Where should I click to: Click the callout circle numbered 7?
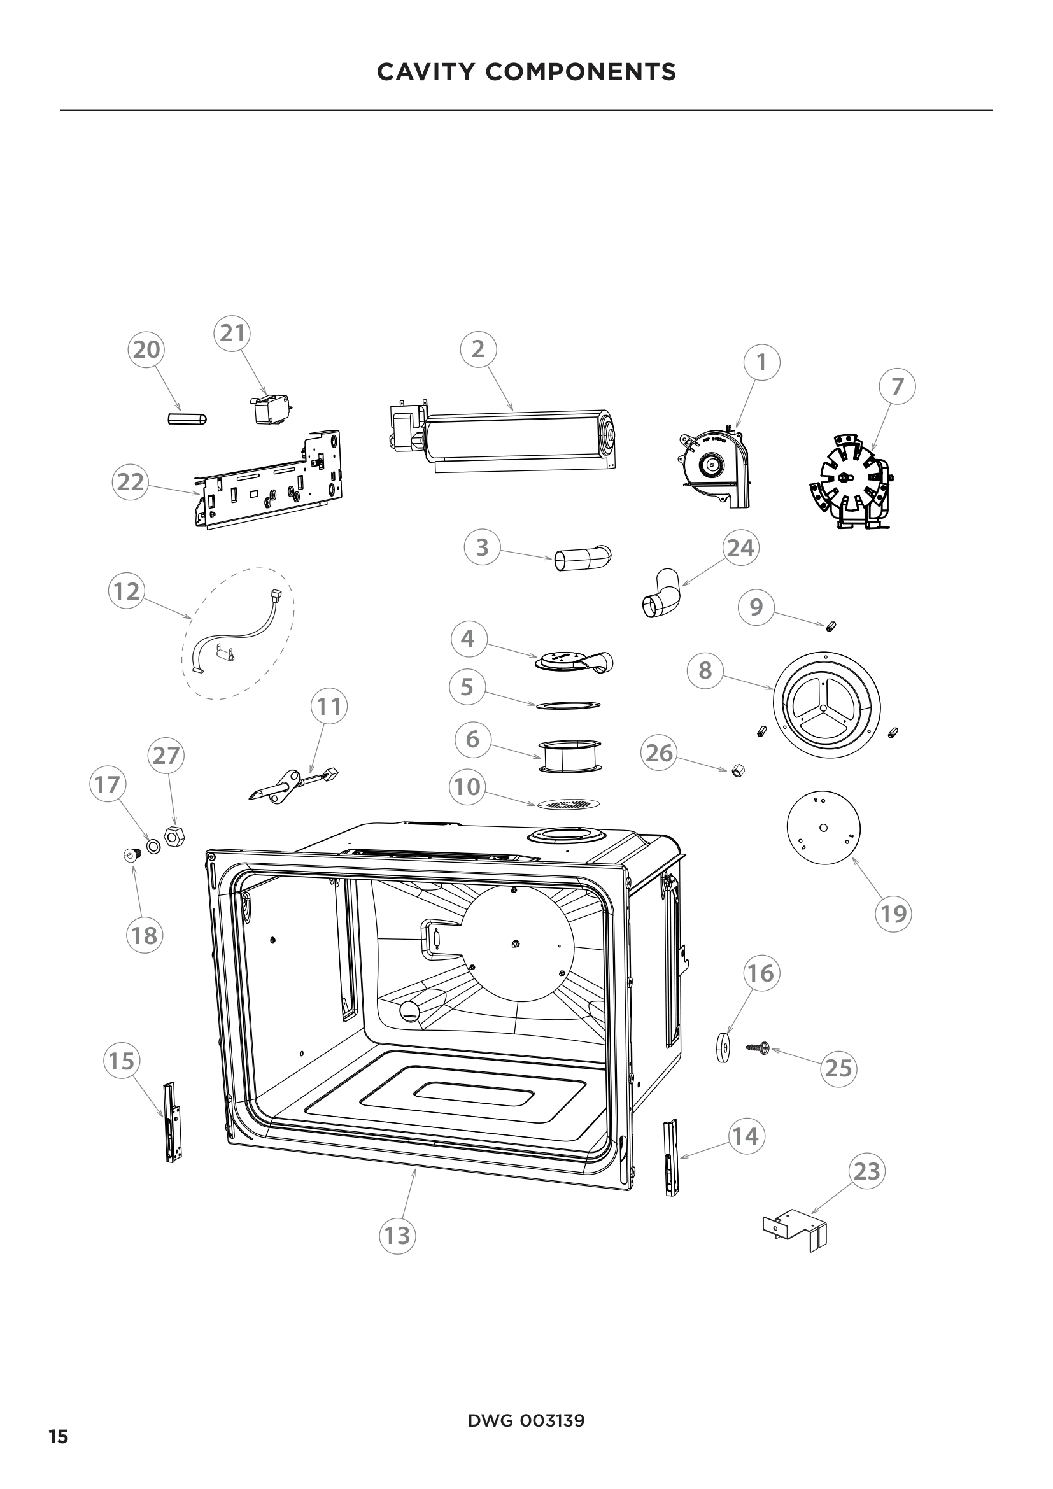pos(898,386)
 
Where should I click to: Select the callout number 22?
pos(131,483)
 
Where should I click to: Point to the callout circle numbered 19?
pos(893,914)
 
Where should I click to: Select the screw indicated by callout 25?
pos(757,1047)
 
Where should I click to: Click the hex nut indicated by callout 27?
pos(175,836)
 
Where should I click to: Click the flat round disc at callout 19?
pos(823,828)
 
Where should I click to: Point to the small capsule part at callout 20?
pos(187,418)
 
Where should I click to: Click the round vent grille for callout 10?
pos(568,805)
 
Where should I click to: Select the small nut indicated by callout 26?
pos(737,770)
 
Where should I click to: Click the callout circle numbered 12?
pos(126,591)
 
